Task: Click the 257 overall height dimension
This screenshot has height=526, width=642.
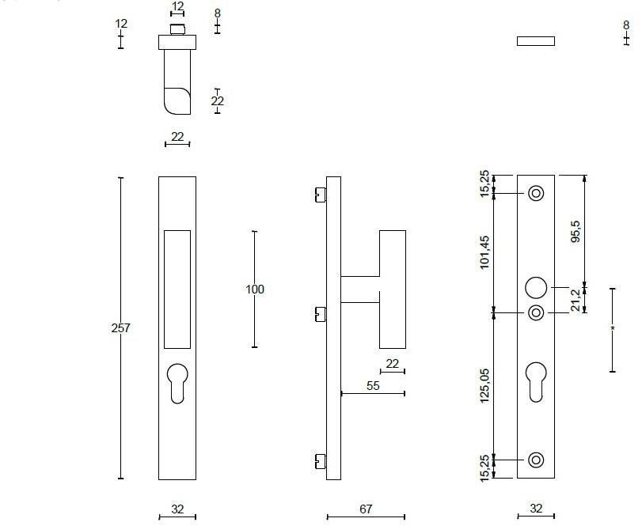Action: pyautogui.click(x=120, y=328)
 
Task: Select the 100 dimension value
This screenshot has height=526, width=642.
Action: pyautogui.click(x=254, y=289)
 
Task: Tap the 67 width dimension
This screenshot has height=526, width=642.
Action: pyautogui.click(x=365, y=509)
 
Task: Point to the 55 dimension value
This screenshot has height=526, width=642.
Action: pyautogui.click(x=374, y=385)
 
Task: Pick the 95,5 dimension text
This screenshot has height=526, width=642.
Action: pyautogui.click(x=576, y=231)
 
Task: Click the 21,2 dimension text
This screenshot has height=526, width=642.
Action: pyautogui.click(x=576, y=300)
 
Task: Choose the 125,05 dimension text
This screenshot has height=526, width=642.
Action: pyautogui.click(x=485, y=384)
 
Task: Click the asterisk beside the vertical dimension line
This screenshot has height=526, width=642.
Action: pyautogui.click(x=612, y=328)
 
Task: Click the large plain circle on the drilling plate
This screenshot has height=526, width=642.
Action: pyautogui.click(x=536, y=287)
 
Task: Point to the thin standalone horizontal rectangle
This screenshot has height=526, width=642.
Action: pyautogui.click(x=535, y=41)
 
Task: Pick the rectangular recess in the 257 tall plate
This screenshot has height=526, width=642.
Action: pyautogui.click(x=177, y=289)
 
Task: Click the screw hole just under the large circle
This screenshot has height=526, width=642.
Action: pyautogui.click(x=536, y=312)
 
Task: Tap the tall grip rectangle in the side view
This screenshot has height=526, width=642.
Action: pyautogui.click(x=392, y=289)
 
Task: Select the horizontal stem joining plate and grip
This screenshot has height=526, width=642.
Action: pyautogui.click(x=360, y=289)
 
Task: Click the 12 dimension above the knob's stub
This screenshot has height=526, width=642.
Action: pyautogui.click(x=177, y=7)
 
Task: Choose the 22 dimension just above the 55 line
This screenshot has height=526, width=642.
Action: pyautogui.click(x=392, y=363)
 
